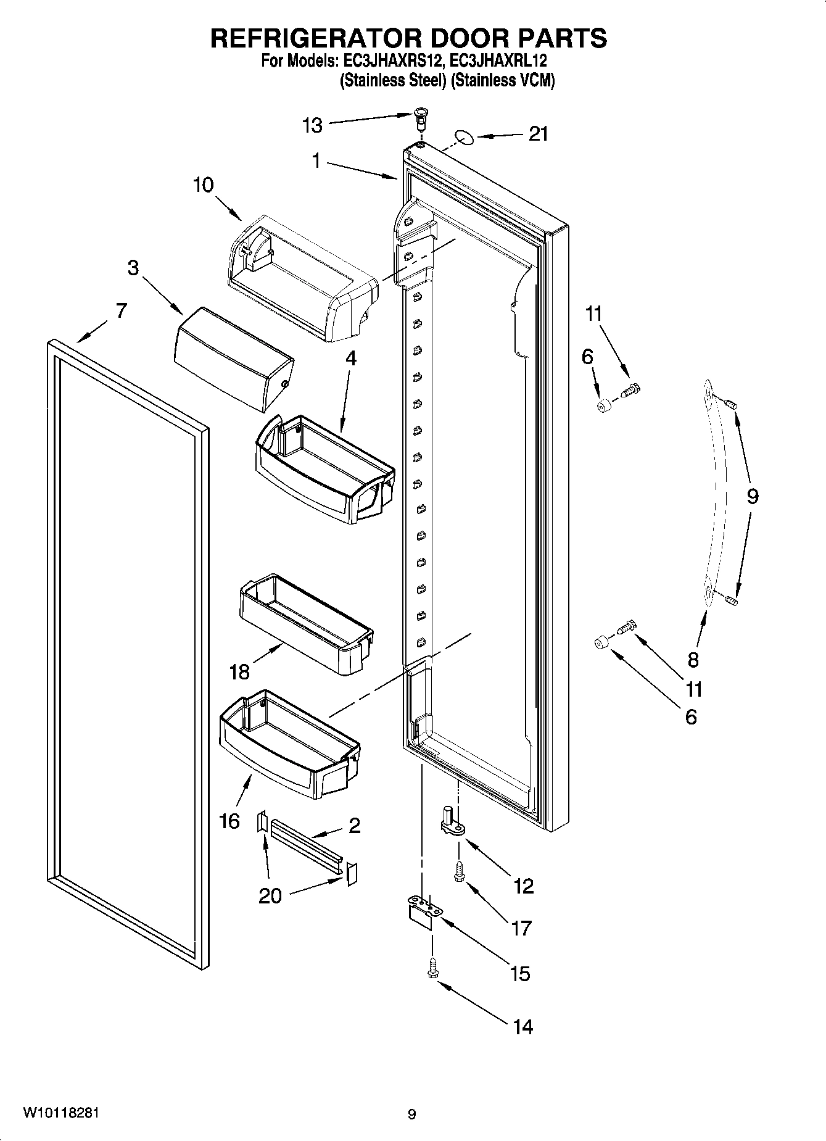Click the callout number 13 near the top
pos(313,125)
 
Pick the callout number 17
pos(521,927)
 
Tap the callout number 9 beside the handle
pos(753,496)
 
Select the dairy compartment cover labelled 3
pos(234,360)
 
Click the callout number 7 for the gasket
pos(121,310)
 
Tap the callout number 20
pos(270,895)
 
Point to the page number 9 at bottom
pos(412,1113)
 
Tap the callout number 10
pos(203,185)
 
